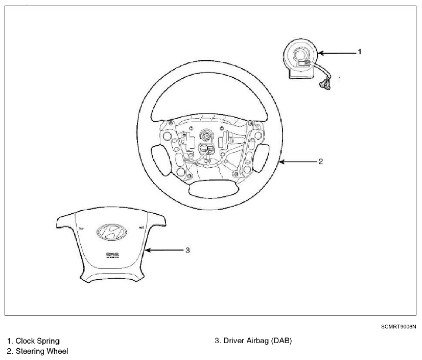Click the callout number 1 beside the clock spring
359,52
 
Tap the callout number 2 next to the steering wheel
320,162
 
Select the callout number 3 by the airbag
187,251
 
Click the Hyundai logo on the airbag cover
112,232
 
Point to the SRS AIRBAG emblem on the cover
112,255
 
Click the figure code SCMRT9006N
398,327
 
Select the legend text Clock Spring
37,341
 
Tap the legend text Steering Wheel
42,351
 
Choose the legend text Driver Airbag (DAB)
257,341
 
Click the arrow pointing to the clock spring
337,53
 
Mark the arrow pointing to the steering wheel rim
298,162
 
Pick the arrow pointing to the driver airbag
164,251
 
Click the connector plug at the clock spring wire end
325,83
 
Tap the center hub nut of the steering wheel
206,135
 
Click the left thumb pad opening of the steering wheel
161,161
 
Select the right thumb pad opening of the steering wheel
261,157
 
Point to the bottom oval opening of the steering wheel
214,189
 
